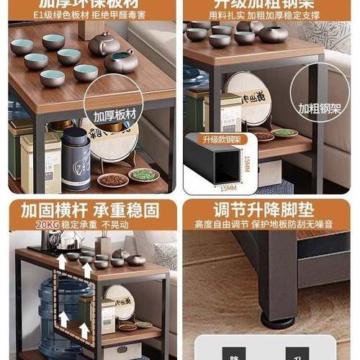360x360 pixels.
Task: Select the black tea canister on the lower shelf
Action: point(76,161)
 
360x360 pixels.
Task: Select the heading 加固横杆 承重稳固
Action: point(90,210)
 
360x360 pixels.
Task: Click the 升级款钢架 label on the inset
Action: point(207,139)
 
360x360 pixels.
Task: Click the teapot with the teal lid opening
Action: point(120,62)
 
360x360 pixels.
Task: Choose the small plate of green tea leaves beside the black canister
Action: point(144,174)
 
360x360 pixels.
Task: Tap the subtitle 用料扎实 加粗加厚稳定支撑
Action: point(270,14)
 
